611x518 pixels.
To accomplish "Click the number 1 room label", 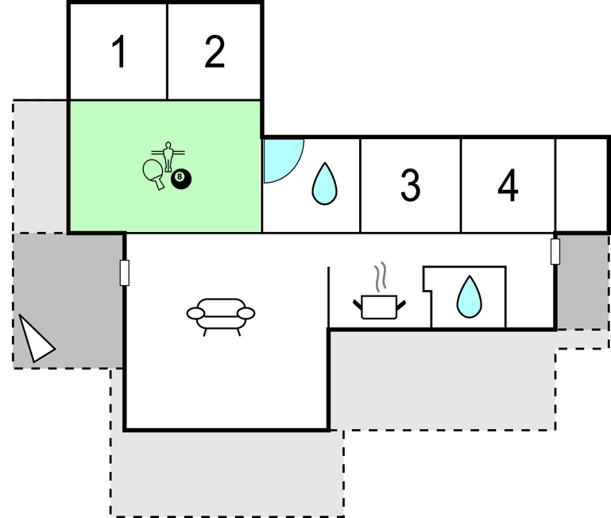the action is (119, 52).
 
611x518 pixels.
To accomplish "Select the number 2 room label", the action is (215, 52).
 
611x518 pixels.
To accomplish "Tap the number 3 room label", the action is (410, 185).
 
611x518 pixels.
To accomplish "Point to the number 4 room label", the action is (508, 185).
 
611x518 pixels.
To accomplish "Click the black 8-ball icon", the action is (181, 179).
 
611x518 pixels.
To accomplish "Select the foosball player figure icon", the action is (168, 157).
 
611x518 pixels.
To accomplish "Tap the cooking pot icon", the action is (379, 307).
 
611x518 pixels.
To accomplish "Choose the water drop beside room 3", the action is (325, 184).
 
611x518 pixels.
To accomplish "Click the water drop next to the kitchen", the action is (469, 296).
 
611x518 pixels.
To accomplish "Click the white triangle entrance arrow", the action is (36, 339).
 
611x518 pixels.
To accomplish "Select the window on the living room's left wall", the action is (124, 273).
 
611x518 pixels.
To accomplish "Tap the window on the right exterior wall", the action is (555, 251).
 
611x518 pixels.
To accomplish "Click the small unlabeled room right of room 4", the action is (581, 185).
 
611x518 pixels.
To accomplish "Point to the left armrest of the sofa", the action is (195, 313).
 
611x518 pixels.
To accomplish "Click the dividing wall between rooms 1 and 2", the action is (167, 52).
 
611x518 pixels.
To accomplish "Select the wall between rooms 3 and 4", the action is (461, 186).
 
